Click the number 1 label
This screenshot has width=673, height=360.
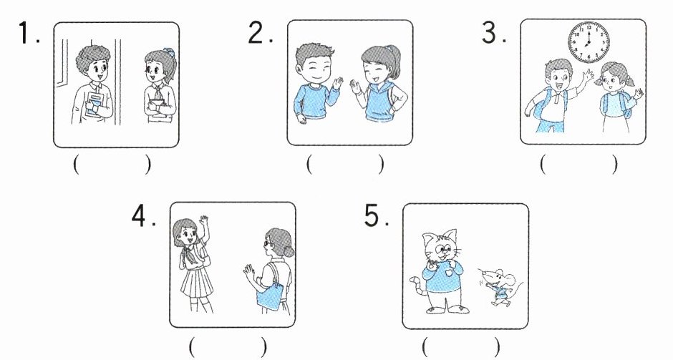pos(29,33)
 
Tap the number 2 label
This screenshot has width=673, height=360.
pos(260,32)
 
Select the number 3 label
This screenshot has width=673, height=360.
pos(493,33)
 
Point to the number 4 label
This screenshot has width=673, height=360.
pos(143,216)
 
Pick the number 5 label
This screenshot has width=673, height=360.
pos(377,216)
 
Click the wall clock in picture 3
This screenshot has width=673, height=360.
pos(589,42)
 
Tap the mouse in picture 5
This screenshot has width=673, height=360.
pos(500,286)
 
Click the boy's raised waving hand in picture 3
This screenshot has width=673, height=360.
pos(587,77)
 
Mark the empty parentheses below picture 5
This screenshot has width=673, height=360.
pos(460,346)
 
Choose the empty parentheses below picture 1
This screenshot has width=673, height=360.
pos(112,165)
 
